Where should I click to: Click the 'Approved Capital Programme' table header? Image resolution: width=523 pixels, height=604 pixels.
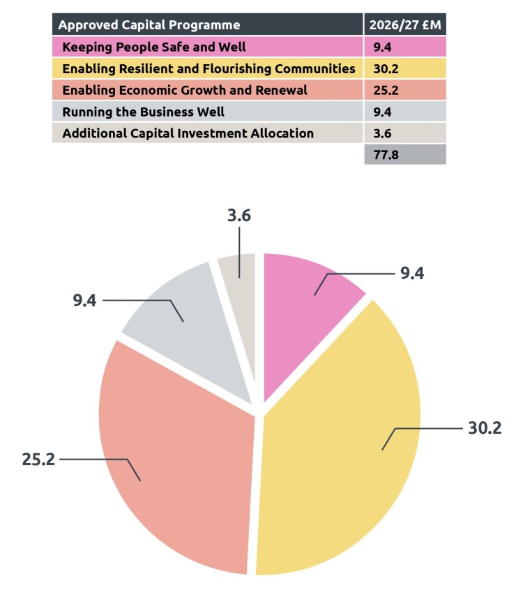pos(149,25)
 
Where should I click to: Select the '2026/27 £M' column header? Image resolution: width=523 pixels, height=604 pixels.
pos(404,25)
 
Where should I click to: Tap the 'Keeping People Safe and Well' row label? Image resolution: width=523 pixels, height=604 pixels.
pos(153,47)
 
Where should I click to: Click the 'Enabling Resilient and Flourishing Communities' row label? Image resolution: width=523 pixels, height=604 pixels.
pos(208,69)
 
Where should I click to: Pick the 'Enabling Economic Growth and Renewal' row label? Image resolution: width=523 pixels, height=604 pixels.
pos(184,91)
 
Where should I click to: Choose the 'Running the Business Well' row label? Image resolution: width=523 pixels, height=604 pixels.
pos(143,112)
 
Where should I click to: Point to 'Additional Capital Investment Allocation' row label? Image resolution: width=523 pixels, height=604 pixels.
pos(188,133)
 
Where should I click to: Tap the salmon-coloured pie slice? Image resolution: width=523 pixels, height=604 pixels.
pos(174,460)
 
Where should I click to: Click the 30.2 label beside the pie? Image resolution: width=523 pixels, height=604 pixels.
pos(485,428)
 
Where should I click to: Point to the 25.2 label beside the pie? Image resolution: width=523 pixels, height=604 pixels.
pos(38,459)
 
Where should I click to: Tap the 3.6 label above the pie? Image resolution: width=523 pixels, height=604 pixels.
pos(239,216)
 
